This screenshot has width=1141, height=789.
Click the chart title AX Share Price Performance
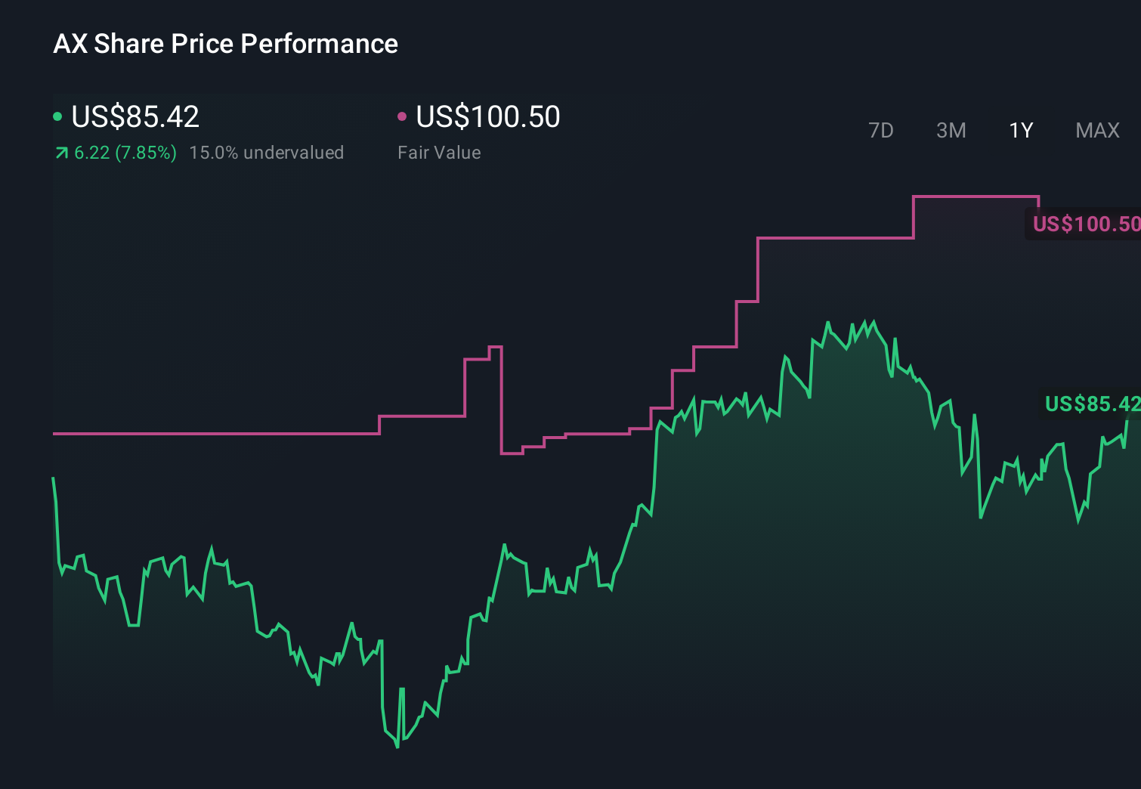225,44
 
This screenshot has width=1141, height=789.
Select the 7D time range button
880,131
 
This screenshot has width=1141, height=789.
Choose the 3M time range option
951,131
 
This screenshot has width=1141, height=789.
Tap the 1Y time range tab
1021,131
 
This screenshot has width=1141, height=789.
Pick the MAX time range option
1097,131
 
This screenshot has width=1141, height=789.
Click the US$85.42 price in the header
135,117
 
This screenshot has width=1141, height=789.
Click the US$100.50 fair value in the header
488,117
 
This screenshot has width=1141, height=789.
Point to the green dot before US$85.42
57,116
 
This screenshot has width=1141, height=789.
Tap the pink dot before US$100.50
402,116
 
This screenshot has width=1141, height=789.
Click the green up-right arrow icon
62,153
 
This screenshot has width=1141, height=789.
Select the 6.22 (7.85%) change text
125,153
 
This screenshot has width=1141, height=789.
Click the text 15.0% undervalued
266,153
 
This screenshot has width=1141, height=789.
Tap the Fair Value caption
439,153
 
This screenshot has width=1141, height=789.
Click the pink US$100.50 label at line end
1085,224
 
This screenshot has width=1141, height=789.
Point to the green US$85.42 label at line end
1091,404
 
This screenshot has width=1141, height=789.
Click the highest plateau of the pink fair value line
976,196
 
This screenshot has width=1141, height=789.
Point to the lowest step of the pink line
512,453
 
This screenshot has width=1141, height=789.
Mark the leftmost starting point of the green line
53,478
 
